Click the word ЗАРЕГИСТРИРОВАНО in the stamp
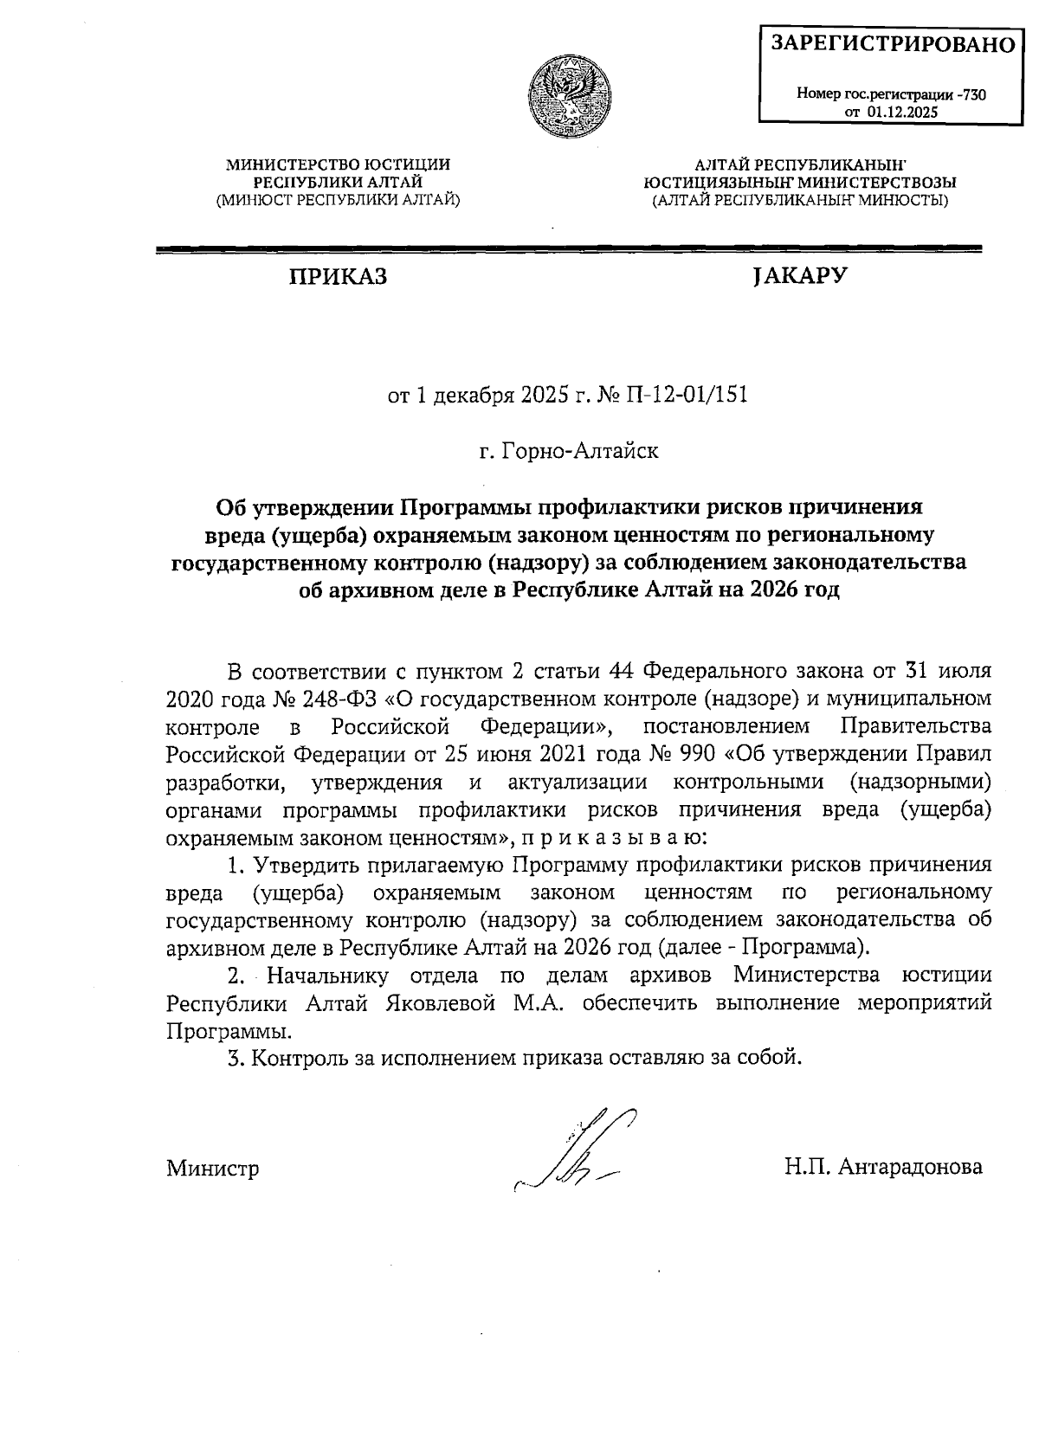(x=893, y=44)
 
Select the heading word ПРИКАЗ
(x=338, y=277)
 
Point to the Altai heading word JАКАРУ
(x=799, y=276)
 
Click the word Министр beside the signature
(x=213, y=1169)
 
